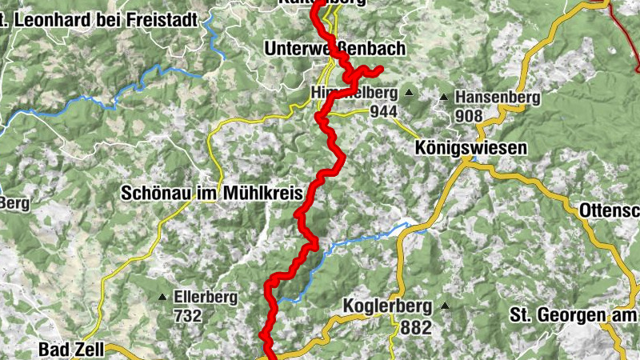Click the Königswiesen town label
471,148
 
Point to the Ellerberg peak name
206,298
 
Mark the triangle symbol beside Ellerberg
163,298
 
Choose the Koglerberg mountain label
387,306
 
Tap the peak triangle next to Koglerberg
443,306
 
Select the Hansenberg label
497,98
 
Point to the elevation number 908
469,116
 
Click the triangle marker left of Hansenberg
444,98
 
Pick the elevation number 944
384,112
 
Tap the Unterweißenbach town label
336,50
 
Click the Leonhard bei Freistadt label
99,18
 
